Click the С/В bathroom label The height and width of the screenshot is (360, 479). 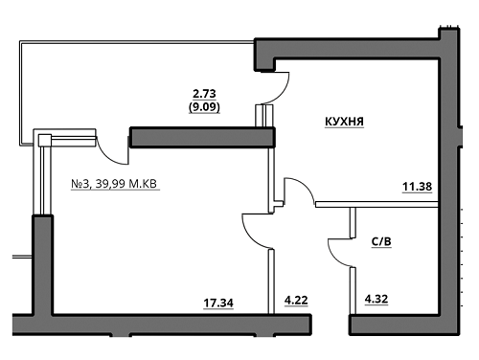pyautogui.click(x=380, y=241)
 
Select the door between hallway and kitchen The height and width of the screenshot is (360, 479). pyautogui.click(x=299, y=192)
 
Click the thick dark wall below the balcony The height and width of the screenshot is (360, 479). pyautogui.click(x=201, y=137)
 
